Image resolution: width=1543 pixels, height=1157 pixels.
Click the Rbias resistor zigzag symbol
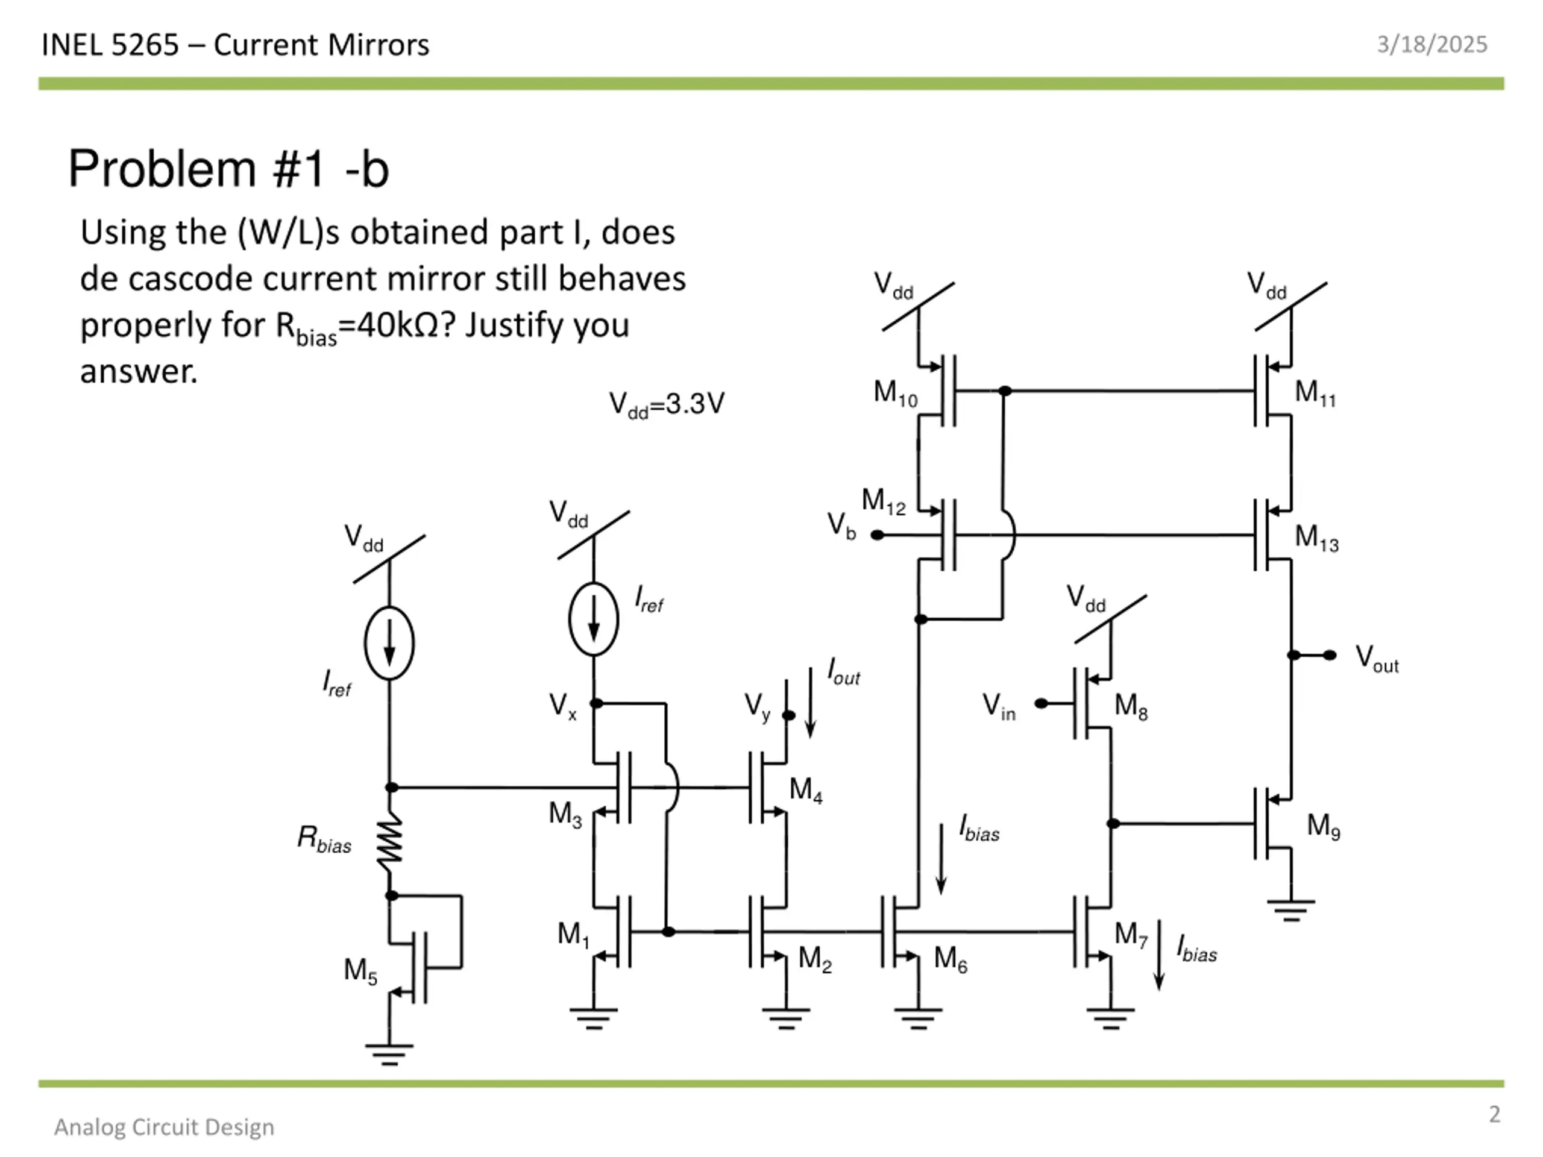[390, 845]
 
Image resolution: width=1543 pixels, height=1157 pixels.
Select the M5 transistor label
[360, 971]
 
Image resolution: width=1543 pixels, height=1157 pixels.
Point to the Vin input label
[999, 706]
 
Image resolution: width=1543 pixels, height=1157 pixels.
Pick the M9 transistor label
[1323, 826]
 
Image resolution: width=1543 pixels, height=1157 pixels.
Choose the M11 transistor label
[1315, 394]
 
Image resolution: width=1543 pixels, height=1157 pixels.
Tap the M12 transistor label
[883, 501]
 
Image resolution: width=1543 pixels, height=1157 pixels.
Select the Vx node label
[562, 706]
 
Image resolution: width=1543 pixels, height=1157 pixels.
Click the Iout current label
[843, 672]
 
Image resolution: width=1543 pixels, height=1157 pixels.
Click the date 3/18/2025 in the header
[1432, 45]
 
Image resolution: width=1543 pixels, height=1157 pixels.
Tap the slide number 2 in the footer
[1494, 1114]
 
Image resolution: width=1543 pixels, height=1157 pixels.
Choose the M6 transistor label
[950, 958]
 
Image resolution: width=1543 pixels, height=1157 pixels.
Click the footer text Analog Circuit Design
[165, 1127]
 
